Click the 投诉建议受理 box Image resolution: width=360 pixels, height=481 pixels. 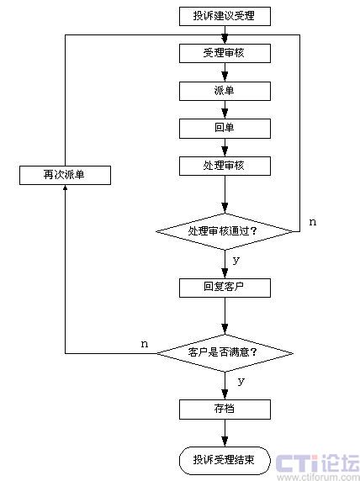pos(225,16)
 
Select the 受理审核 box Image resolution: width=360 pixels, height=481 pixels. pos(225,53)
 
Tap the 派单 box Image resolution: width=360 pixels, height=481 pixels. pos(225,91)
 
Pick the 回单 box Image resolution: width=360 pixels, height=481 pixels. pos(225,129)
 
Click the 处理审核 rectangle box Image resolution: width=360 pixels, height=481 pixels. pos(225,166)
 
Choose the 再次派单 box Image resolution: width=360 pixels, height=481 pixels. pos(65,175)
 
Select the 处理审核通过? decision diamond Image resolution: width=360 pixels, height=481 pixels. pos(225,231)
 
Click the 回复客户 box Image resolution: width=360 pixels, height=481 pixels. pos(225,288)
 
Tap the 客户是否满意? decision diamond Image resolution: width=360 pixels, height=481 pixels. pos(225,353)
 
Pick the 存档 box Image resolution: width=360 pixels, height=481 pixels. pos(225,410)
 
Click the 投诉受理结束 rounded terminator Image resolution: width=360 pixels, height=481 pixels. pos(225,461)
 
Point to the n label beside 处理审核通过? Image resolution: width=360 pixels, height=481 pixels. pos(312,222)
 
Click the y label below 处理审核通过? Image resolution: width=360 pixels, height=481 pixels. pos(236,261)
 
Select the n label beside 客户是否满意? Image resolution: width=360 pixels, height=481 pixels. pos(144,344)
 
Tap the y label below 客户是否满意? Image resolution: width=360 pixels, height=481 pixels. pos(241,382)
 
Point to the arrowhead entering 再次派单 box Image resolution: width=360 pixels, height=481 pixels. pos(65,187)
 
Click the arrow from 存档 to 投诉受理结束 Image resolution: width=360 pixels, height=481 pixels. pos(225,433)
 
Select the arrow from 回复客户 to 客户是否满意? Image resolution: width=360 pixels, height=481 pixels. pos(225,316)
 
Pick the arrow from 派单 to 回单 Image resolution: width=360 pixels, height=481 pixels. pos(225,110)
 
